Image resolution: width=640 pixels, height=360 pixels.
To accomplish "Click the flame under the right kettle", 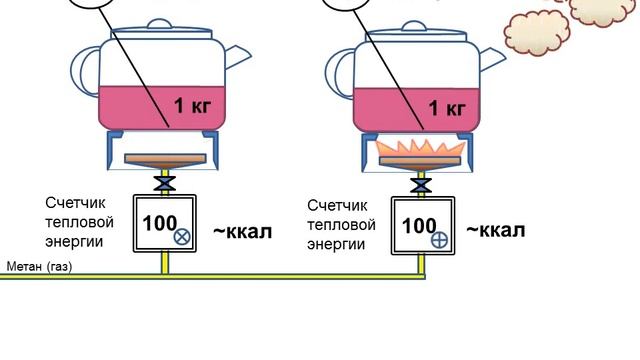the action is (420, 149).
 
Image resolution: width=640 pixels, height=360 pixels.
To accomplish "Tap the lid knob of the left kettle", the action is (159, 24).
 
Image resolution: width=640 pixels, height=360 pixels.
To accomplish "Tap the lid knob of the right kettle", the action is (414, 26).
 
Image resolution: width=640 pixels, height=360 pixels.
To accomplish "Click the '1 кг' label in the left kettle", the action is (193, 106).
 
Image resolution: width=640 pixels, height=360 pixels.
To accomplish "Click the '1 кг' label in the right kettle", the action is (447, 108).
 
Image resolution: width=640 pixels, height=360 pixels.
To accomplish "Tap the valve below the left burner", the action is (165, 184).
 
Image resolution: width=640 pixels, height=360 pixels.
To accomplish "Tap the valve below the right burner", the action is (421, 186).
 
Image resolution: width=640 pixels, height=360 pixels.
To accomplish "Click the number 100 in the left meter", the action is (160, 223).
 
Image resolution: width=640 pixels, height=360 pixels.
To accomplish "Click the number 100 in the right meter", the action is (419, 226).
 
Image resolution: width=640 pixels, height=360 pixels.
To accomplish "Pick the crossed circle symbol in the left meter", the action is (182, 237).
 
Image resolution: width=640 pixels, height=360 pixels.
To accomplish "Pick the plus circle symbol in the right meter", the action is (440, 240).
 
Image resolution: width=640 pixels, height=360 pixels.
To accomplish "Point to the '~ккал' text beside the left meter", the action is (242, 231).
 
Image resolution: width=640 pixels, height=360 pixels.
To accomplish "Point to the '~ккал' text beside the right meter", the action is (496, 230).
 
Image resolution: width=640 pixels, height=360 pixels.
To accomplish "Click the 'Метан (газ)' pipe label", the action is (39, 267).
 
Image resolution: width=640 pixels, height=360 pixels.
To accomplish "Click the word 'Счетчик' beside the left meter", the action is (70, 203).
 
